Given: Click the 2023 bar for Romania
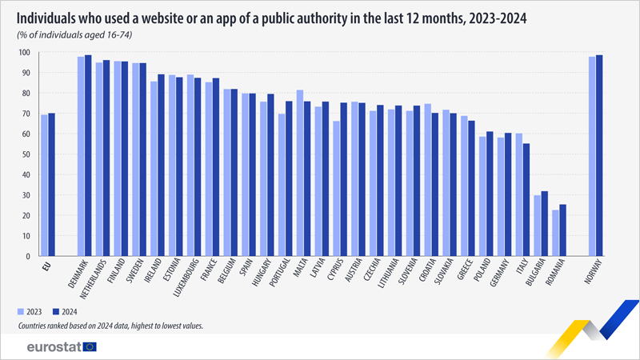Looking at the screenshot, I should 556,233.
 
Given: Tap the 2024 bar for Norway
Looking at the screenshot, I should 600,155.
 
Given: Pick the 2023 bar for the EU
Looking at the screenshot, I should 44,186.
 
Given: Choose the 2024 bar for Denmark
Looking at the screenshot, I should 88,155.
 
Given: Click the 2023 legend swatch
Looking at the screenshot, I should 21,312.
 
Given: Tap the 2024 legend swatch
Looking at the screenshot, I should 58,312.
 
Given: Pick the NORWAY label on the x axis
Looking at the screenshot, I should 593,274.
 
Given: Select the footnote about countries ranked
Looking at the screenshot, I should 112,326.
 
